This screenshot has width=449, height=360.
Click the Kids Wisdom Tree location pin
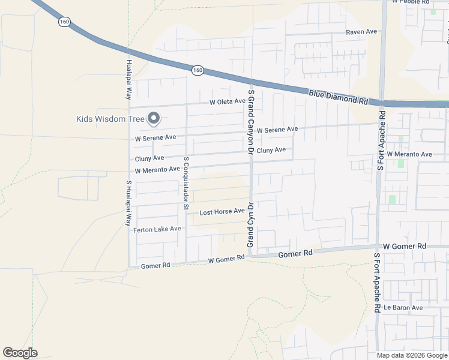(x=153, y=119)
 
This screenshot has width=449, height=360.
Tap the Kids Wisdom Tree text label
(x=110, y=119)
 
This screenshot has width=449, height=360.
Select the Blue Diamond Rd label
(x=339, y=97)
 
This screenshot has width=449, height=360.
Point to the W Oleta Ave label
(x=228, y=103)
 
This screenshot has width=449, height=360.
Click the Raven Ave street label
(x=361, y=31)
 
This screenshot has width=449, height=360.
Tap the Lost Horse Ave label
(x=221, y=212)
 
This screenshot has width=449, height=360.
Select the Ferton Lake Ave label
(x=157, y=229)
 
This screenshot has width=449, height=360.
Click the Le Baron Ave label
(x=403, y=308)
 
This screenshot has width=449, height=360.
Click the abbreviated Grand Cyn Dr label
(x=251, y=225)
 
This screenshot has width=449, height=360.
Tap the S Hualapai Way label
(x=128, y=203)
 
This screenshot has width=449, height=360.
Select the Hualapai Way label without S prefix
(x=128, y=79)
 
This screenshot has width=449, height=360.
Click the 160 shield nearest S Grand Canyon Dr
(x=198, y=71)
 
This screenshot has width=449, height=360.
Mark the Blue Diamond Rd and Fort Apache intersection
(x=381, y=103)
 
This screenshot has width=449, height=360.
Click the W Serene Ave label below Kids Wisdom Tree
(x=155, y=137)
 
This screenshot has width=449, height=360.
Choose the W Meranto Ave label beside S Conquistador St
(x=157, y=170)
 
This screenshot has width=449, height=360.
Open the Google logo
(x=20, y=353)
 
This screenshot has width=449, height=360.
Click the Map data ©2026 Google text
(x=411, y=355)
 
